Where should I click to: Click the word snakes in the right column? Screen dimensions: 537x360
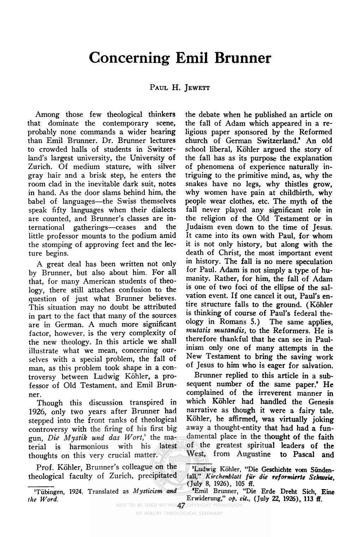pos(196,184)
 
